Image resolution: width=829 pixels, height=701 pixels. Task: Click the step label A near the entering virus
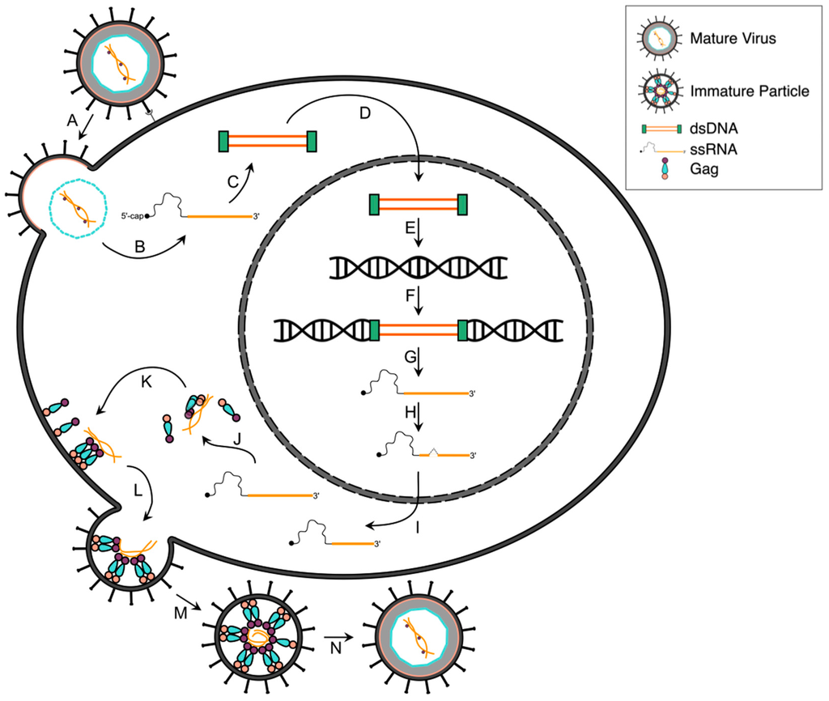coord(72,119)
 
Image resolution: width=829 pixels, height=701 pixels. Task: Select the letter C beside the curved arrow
coord(233,181)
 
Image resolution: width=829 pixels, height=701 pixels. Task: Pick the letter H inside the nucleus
coord(410,412)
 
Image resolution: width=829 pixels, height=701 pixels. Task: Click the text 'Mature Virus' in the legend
coord(727,37)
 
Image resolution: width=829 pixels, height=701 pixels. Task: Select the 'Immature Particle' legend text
coord(750,91)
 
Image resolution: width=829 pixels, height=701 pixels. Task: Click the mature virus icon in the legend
coord(659,37)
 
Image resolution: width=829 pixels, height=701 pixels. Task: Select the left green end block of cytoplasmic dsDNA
coord(223,141)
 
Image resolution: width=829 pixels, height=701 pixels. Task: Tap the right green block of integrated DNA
coord(463,330)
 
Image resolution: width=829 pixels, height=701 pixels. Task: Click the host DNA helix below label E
coord(419,266)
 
